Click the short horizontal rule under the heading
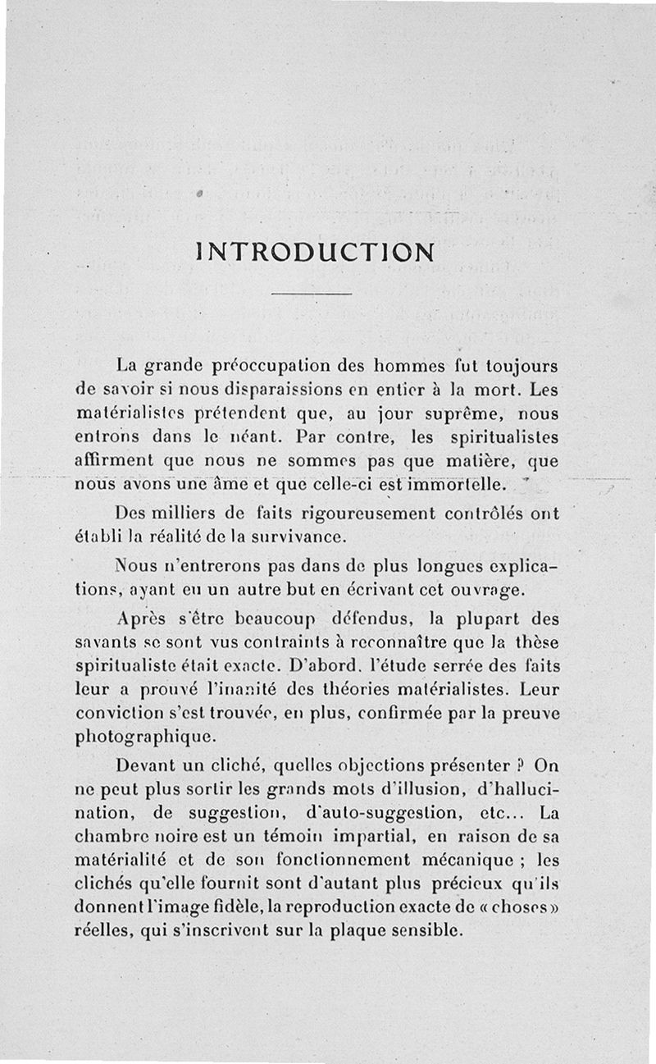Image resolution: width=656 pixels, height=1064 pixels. (311, 294)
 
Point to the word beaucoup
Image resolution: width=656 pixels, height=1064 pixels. (259, 617)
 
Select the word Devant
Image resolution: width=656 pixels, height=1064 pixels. (146, 766)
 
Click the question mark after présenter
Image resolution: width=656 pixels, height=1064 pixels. (518, 766)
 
